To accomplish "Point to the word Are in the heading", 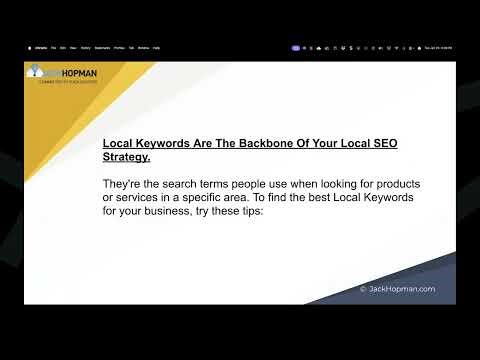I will click(x=193, y=143).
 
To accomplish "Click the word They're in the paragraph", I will click(x=125, y=185).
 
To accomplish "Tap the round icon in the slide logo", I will click(x=35, y=72).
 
